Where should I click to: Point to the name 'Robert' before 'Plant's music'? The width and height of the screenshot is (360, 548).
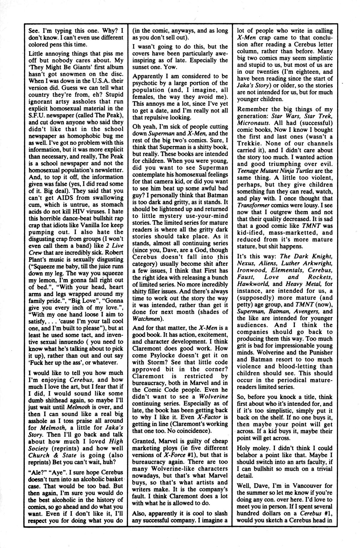113,252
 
